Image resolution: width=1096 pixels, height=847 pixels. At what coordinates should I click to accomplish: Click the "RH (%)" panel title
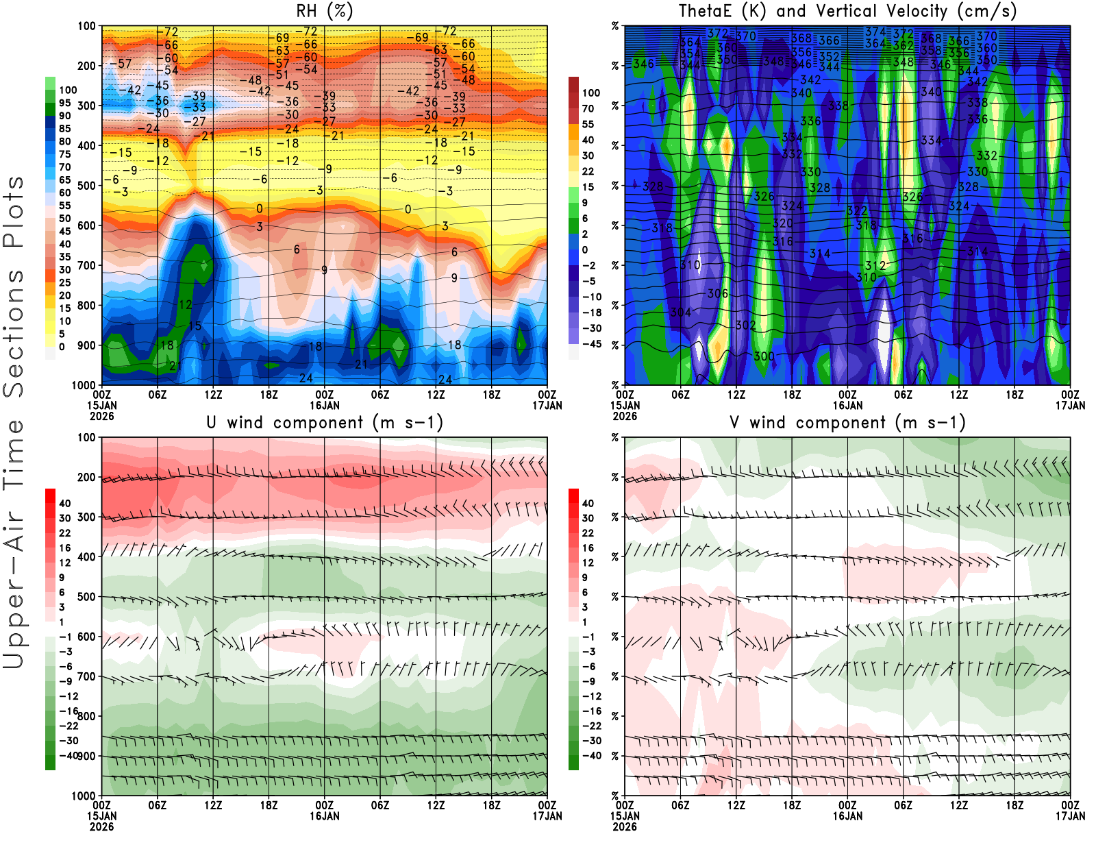click(x=325, y=12)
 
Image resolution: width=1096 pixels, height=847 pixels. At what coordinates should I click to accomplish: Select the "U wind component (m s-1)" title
click(x=325, y=423)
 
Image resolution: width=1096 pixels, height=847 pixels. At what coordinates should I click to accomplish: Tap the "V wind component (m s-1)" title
click(x=847, y=423)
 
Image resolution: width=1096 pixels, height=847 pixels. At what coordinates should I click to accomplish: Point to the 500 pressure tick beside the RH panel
click(x=86, y=186)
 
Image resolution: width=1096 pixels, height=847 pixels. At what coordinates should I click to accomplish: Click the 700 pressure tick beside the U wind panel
click(x=86, y=676)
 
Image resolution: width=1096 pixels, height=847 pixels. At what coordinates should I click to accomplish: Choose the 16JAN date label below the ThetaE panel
click(x=847, y=405)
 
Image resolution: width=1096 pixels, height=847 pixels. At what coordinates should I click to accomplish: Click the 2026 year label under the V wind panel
click(x=625, y=826)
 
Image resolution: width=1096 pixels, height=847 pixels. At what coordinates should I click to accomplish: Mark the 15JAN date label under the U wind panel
click(x=101, y=816)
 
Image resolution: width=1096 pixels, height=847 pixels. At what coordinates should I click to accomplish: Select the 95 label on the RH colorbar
click(x=65, y=103)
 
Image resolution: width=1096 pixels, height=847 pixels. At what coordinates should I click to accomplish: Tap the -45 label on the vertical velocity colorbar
click(x=591, y=344)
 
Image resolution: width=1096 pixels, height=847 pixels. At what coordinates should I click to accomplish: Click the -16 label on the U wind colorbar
click(x=68, y=711)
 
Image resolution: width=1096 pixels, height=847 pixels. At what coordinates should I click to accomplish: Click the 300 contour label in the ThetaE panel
click(x=764, y=356)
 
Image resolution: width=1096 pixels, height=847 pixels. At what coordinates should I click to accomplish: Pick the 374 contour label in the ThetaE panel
click(x=875, y=32)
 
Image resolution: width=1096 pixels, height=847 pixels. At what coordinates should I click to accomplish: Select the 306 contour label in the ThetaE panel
click(x=717, y=294)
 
